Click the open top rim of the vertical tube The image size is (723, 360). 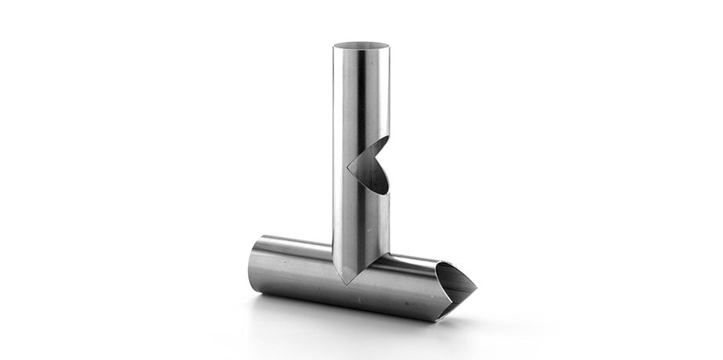(361, 45)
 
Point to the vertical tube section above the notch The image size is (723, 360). (361, 94)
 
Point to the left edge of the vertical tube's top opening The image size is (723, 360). (334, 46)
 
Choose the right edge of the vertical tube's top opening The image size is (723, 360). (389, 46)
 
